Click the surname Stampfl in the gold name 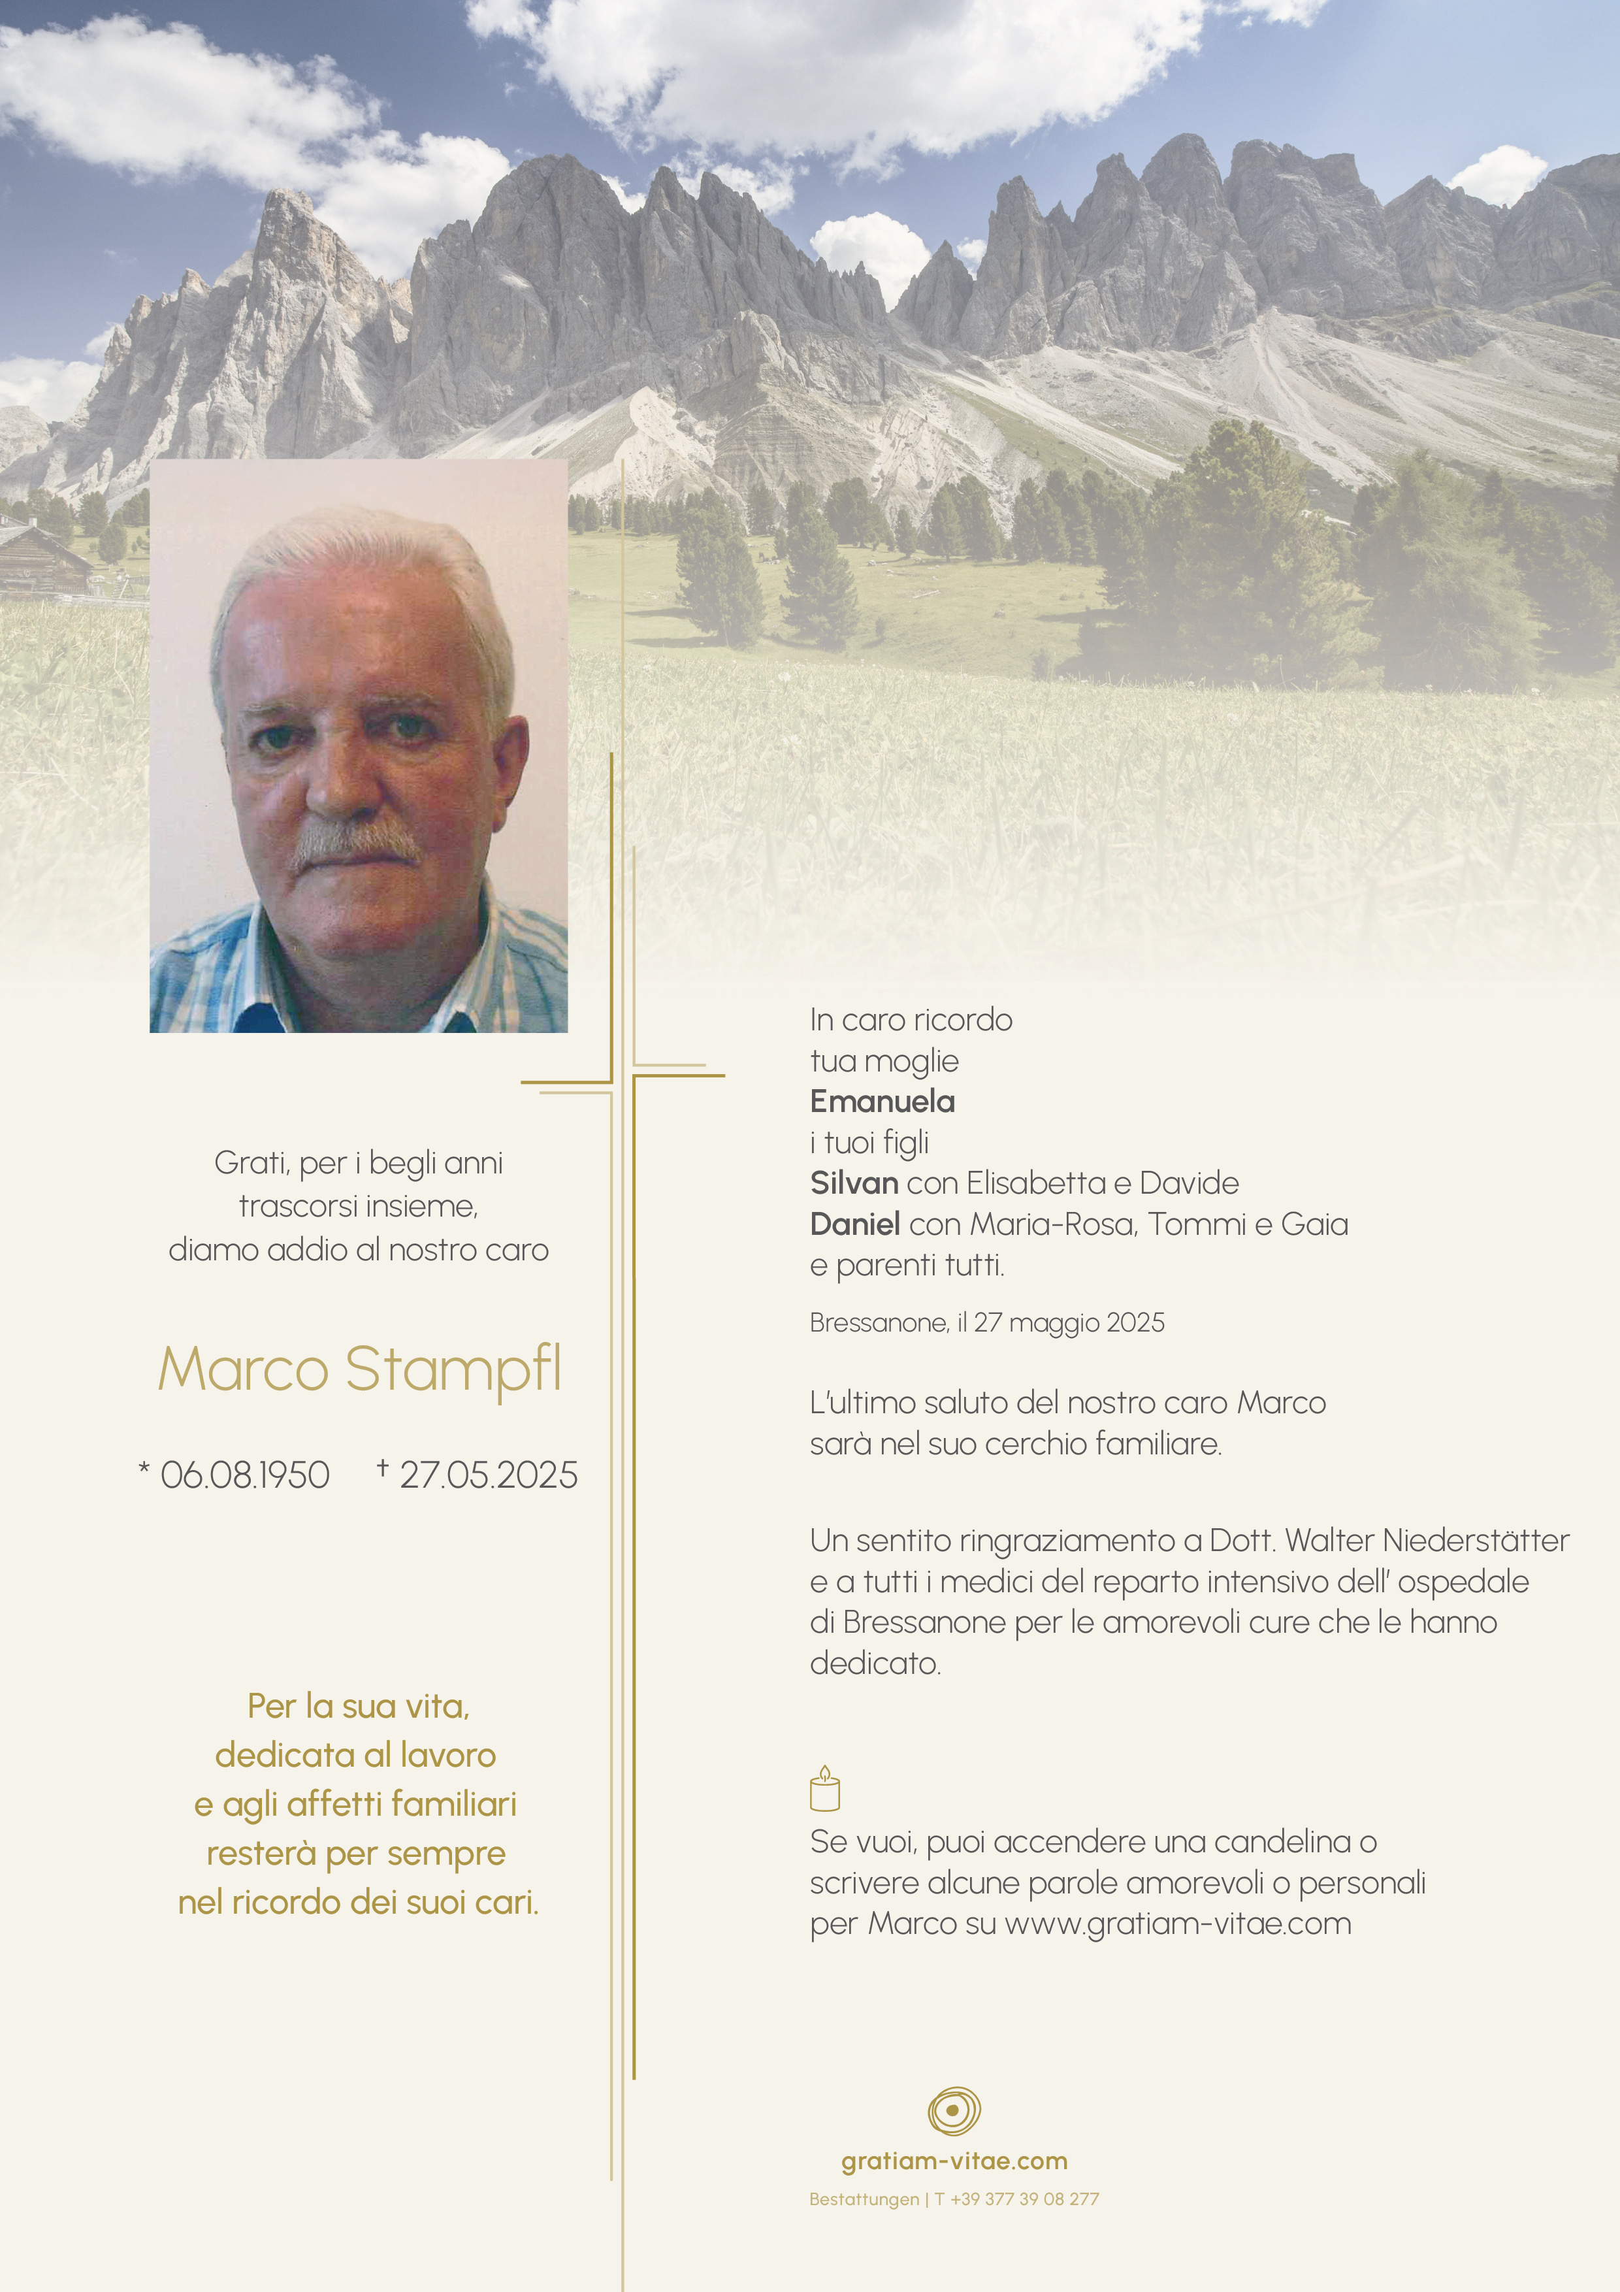coord(453,1369)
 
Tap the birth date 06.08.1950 coord(244,1475)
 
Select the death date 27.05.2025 coord(488,1475)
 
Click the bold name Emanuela coord(883,1101)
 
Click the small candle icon coord(824,1790)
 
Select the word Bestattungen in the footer coord(864,2198)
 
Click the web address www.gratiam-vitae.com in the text coord(1178,1924)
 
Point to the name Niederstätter coord(1475,1541)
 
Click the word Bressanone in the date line coord(879,1322)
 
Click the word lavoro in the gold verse coord(447,1755)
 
